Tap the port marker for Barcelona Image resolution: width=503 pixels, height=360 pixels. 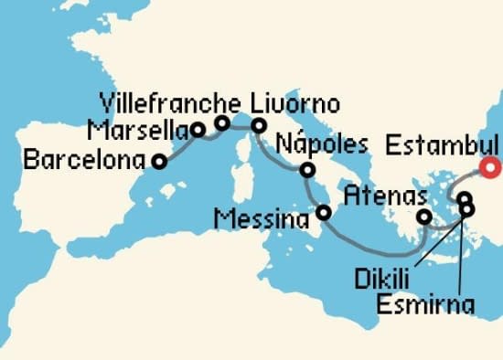pos(159,162)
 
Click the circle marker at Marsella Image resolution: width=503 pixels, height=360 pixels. pos(198,129)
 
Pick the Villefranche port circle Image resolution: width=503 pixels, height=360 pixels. pos(221,122)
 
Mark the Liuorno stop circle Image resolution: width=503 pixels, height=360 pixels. pos(259,125)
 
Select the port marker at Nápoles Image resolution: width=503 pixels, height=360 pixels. pos(307,170)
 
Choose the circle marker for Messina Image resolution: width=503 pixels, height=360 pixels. pos(323,213)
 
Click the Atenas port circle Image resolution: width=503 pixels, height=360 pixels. pos(424,217)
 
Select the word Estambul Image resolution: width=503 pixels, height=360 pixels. pos(442,145)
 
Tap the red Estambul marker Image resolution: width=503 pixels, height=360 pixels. pos(492,166)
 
